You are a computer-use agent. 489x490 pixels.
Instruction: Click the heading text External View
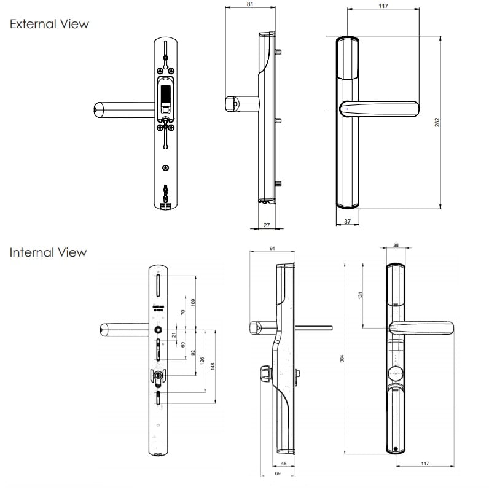click(x=50, y=24)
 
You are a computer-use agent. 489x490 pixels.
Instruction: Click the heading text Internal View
click(x=49, y=252)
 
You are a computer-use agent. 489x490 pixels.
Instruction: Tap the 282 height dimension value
click(x=437, y=122)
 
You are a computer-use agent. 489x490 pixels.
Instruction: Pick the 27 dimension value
click(x=266, y=225)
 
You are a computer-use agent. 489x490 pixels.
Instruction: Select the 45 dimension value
click(x=283, y=464)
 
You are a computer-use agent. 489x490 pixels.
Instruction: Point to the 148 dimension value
click(x=212, y=366)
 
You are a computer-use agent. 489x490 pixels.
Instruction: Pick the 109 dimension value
click(x=192, y=301)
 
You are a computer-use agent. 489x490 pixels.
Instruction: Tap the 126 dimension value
click(x=202, y=361)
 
